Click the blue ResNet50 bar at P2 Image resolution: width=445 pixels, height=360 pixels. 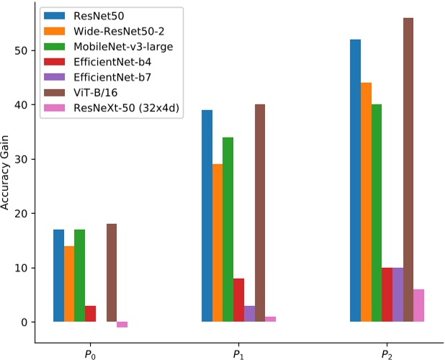pyautogui.click(x=355, y=180)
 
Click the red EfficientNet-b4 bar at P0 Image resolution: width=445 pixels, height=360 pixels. pyautogui.click(x=90, y=314)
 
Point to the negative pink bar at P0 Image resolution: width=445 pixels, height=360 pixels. pyautogui.click(x=122, y=325)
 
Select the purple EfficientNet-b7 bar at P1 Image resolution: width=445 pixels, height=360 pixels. pyautogui.click(x=249, y=314)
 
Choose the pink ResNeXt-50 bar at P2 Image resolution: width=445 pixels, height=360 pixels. pyautogui.click(x=418, y=305)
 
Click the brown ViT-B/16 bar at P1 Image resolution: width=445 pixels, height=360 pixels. pyautogui.click(x=260, y=213)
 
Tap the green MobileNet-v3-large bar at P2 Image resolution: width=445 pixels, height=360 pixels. pyautogui.click(x=377, y=213)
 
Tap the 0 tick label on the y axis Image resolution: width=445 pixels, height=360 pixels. pyautogui.click(x=31, y=322)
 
